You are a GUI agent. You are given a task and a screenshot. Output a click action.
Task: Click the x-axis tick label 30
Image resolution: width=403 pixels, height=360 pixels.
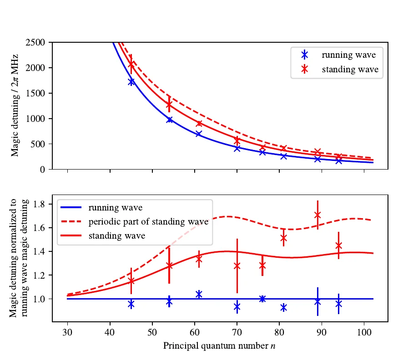click(x=67, y=331)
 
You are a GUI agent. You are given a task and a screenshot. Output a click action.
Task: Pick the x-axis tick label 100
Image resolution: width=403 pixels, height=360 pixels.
click(x=364, y=331)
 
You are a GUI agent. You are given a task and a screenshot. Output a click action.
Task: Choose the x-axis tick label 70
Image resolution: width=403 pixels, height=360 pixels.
click(x=237, y=331)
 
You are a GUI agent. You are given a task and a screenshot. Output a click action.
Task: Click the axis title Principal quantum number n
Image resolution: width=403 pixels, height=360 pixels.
click(x=220, y=346)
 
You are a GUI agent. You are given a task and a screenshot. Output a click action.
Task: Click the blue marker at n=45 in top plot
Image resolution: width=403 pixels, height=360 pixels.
click(x=131, y=81)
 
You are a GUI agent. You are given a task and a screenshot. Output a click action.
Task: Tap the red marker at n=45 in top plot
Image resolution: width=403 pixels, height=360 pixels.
click(x=131, y=65)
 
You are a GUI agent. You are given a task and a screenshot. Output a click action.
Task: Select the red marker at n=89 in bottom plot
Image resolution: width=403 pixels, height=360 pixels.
click(x=317, y=215)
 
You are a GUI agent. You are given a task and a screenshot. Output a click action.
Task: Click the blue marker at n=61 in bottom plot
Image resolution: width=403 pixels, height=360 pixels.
click(x=199, y=294)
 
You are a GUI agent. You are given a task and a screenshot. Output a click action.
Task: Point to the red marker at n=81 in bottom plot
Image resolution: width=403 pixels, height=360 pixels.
click(x=283, y=238)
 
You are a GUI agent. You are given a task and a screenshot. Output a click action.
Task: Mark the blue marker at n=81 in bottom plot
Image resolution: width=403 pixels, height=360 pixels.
click(x=284, y=308)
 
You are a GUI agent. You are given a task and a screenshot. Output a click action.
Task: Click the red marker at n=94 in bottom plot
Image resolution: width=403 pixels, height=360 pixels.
click(x=338, y=245)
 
